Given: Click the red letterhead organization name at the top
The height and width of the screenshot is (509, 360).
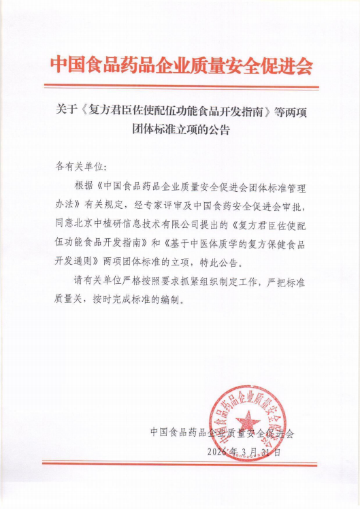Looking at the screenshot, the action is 180,66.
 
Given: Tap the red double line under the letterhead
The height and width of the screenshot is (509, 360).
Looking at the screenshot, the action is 180,86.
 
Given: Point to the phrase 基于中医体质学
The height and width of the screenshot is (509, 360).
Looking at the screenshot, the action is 210,242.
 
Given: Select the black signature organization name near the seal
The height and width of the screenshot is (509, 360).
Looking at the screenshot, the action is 222,432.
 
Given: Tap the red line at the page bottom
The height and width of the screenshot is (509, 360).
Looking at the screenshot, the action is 180,464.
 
